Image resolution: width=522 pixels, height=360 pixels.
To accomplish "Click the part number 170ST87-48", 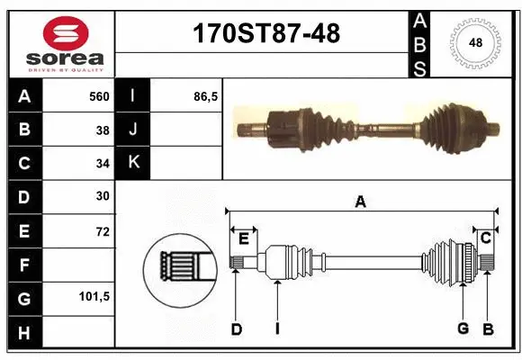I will point(267,34).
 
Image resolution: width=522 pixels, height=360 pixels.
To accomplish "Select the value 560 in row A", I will point(98,96).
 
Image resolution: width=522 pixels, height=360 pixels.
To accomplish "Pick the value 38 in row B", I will point(102,130).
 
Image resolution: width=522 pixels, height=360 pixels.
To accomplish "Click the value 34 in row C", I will point(102,163).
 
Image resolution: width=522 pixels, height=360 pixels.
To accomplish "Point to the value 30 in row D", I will point(102,196).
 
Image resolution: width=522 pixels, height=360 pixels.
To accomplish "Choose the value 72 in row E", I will point(102,231).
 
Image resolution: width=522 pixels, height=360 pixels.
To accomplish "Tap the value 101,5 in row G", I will point(94,296).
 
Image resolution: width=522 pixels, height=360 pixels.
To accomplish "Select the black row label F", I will point(23,265).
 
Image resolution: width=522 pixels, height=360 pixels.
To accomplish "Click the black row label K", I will point(133,163).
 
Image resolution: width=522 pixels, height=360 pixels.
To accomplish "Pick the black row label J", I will point(133,130).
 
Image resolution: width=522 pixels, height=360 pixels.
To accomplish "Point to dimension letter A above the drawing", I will point(360,202).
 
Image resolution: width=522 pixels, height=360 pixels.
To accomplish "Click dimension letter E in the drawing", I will point(243,238).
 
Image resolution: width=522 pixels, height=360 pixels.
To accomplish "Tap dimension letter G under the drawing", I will point(463,328).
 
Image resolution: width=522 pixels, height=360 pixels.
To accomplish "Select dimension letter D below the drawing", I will point(236,329).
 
